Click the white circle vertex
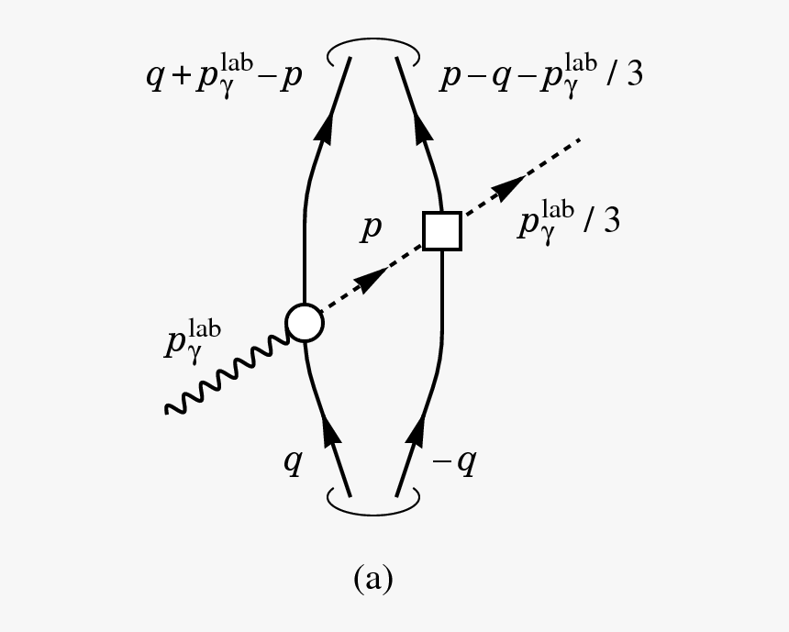(305, 323)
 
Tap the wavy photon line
(228, 374)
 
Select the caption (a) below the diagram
(372, 579)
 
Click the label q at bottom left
(293, 461)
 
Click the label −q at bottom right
(454, 461)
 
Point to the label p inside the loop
(371, 229)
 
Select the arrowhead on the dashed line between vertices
(372, 278)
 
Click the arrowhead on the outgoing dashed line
(508, 187)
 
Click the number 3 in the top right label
(635, 74)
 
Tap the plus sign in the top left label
(179, 75)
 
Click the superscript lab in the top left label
(237, 63)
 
